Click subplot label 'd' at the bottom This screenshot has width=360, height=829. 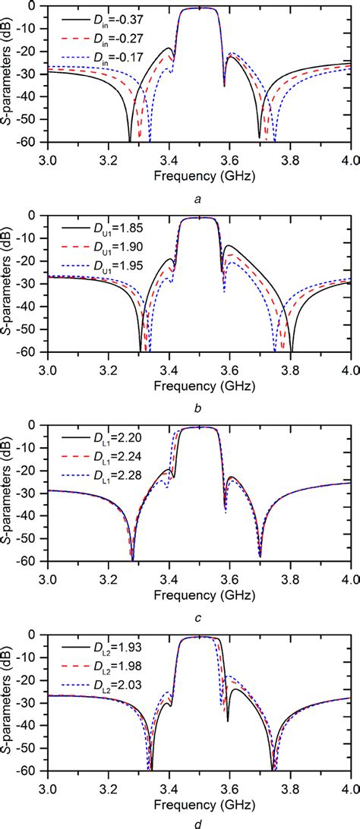pyautogui.click(x=198, y=821)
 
